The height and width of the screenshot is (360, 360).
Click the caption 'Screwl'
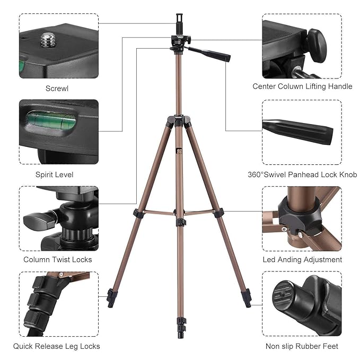pos(57,89)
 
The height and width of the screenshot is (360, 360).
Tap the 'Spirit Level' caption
pos(54,174)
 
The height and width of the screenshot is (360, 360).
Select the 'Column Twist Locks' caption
pos(58,259)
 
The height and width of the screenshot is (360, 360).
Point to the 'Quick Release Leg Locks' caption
pos(57,346)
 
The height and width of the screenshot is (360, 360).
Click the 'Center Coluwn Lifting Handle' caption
pos(302,86)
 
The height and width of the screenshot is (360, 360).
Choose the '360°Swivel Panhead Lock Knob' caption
pos(302,174)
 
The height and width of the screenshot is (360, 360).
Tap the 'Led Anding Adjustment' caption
pos(302,259)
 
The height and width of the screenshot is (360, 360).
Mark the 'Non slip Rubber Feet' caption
pos(302,346)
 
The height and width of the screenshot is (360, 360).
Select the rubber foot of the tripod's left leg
pos(111,298)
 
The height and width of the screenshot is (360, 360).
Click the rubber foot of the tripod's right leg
pos(247,298)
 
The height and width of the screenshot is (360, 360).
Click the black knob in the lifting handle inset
pos(317,40)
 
